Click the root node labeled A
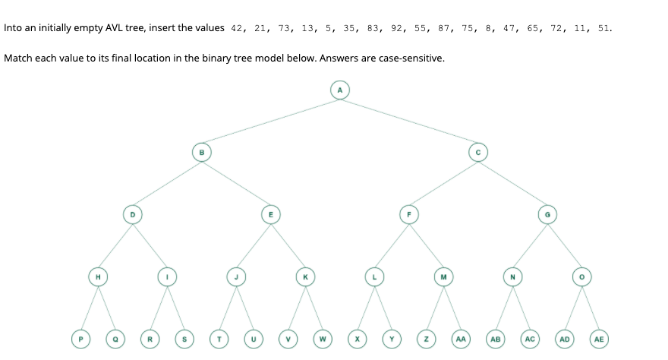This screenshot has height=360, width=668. click(340, 90)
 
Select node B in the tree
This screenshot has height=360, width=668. click(201, 152)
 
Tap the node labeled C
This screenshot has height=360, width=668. click(477, 152)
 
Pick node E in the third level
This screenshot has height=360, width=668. click(270, 214)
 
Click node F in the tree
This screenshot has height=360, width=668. click(409, 214)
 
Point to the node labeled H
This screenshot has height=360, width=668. click(97, 276)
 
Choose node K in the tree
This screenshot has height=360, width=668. click(305, 276)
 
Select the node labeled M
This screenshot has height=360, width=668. click(443, 276)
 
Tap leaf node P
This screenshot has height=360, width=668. click(80, 339)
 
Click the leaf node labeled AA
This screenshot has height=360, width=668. click(461, 339)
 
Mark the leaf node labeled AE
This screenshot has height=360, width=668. click(599, 339)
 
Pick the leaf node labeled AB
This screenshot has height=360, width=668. click(495, 339)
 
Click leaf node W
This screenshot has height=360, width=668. click(323, 339)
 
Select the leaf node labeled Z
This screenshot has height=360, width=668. click(426, 339)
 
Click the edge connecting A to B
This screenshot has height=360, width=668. click(270, 122)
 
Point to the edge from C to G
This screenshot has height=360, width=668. click(512, 183)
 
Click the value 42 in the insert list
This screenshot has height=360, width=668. click(236, 29)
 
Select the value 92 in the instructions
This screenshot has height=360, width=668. click(398, 29)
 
